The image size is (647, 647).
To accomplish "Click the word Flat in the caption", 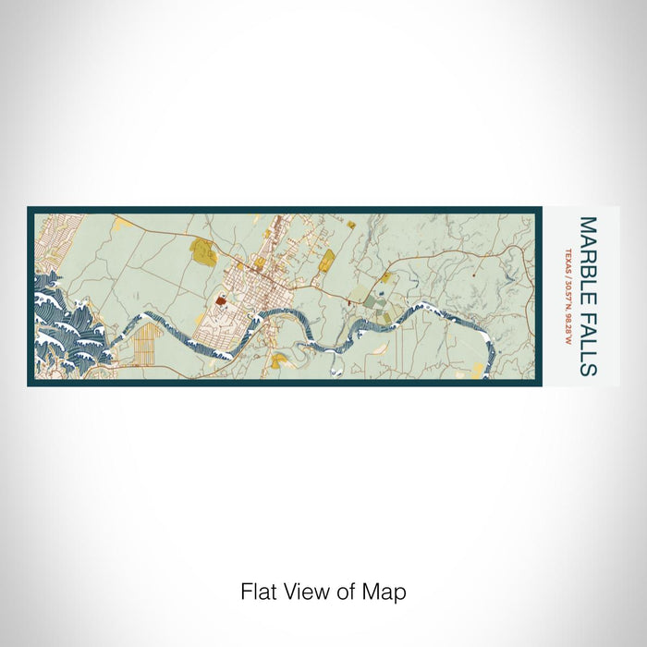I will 259,591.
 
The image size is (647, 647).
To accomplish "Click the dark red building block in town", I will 222,299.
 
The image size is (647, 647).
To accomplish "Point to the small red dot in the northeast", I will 473,275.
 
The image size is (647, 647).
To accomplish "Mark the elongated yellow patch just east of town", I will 327,264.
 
